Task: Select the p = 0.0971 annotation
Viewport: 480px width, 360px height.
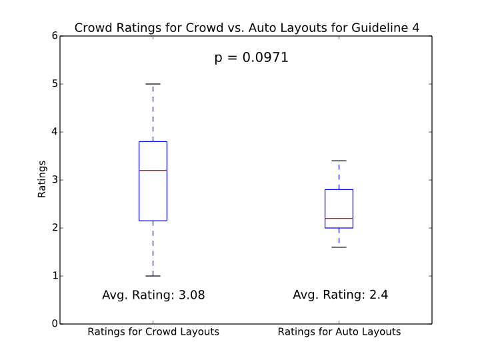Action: (x=251, y=58)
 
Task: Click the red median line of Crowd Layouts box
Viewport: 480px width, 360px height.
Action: (x=153, y=171)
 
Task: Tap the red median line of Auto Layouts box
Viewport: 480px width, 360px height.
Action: (x=339, y=219)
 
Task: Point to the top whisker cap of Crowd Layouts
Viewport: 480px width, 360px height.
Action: (x=153, y=84)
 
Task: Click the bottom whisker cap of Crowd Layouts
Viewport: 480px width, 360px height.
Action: (x=153, y=276)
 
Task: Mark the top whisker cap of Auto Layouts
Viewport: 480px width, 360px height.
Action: (x=339, y=161)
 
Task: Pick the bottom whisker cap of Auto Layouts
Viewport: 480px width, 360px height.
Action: (x=339, y=247)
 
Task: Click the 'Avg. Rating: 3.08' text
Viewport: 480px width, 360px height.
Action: (x=153, y=295)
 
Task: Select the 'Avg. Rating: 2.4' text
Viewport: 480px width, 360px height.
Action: (x=339, y=295)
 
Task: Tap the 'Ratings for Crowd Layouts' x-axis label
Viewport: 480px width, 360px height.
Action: (x=153, y=331)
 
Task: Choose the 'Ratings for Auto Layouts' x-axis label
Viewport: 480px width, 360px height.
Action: (x=339, y=331)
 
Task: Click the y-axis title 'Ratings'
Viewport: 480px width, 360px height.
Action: (x=42, y=179)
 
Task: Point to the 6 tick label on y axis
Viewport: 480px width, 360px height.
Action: (x=53, y=36)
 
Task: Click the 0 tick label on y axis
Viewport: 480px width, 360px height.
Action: (x=53, y=324)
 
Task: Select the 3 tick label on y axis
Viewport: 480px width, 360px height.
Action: (x=53, y=180)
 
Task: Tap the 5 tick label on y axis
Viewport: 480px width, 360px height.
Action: (x=53, y=84)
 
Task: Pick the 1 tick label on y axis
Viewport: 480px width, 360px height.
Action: (x=53, y=276)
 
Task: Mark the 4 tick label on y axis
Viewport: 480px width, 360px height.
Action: (x=53, y=132)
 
